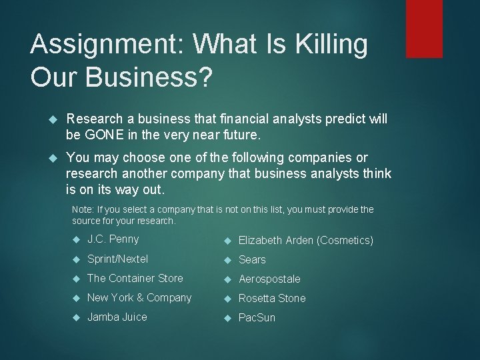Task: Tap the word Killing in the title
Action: pos(331,45)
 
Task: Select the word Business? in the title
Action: pos(148,77)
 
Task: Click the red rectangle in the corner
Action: pos(424,28)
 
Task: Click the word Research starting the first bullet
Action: pos(95,119)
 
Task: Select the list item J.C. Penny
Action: pos(113,239)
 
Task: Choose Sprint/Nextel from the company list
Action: pos(117,259)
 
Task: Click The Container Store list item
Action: pos(135,278)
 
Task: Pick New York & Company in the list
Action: pos(139,298)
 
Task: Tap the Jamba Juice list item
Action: pos(117,317)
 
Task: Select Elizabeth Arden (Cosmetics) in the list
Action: pos(306,240)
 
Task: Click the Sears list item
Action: pos(252,259)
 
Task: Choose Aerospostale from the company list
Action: pos(269,279)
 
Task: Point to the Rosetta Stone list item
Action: pos(272,299)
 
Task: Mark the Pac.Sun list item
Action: pos(257,318)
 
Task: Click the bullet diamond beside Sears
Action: pos(227,259)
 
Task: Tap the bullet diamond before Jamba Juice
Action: pos(76,317)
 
